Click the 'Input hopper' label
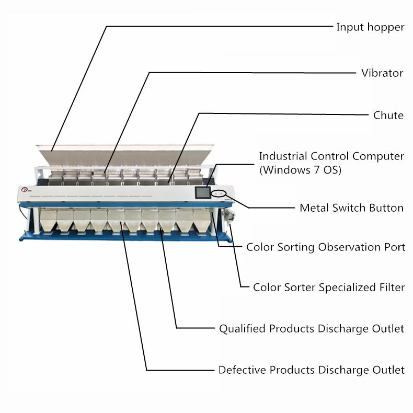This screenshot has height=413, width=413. [x=370, y=27]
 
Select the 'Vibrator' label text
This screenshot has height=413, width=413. [x=382, y=73]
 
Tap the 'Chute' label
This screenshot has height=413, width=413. [x=388, y=116]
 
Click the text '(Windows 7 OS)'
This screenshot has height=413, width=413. [x=300, y=170]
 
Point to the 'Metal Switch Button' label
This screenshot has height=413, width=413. [x=351, y=208]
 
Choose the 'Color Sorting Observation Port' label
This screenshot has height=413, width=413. [x=326, y=247]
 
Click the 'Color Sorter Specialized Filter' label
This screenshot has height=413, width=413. [x=329, y=288]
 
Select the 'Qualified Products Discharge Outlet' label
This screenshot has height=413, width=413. [x=312, y=329]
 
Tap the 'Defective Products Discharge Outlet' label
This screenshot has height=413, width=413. [x=312, y=370]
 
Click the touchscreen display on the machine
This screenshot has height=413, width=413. [x=203, y=193]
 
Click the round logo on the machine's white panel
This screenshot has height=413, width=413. [x=25, y=190]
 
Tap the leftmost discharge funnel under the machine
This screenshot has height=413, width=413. [x=48, y=220]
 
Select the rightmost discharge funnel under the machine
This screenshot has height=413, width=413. [x=202, y=221]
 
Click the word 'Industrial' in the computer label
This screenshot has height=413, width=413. [x=283, y=156]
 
